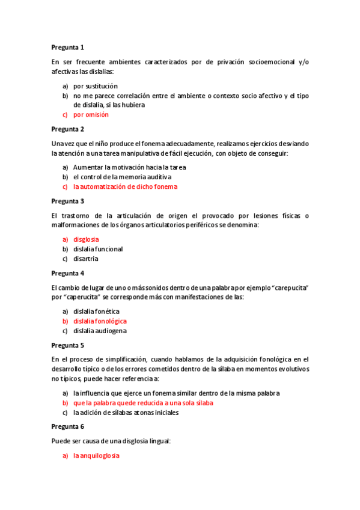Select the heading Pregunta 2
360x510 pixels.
tap(68, 129)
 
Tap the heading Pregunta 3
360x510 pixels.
tap(68, 201)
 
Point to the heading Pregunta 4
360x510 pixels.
tap(68, 273)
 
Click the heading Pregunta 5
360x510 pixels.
tap(68, 345)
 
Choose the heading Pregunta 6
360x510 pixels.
tap(68, 426)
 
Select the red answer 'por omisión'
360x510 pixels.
tap(91, 114)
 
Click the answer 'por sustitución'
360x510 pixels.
tap(96, 86)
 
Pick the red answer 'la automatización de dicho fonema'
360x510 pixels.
tap(126, 186)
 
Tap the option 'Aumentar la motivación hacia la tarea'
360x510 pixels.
tap(130, 167)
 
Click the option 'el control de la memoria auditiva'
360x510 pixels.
tap(123, 177)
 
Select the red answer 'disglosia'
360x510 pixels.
tap(86, 239)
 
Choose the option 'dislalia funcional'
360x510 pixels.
tap(98, 249)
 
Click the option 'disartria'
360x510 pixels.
tap(86, 259)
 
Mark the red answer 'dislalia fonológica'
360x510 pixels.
tap(100, 321)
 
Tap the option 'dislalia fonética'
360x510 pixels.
tap(96, 312)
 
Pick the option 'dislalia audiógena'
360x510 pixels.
tap(100, 331)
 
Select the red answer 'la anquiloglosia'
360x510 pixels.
tap(96, 456)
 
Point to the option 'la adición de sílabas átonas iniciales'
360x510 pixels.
tap(126, 413)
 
